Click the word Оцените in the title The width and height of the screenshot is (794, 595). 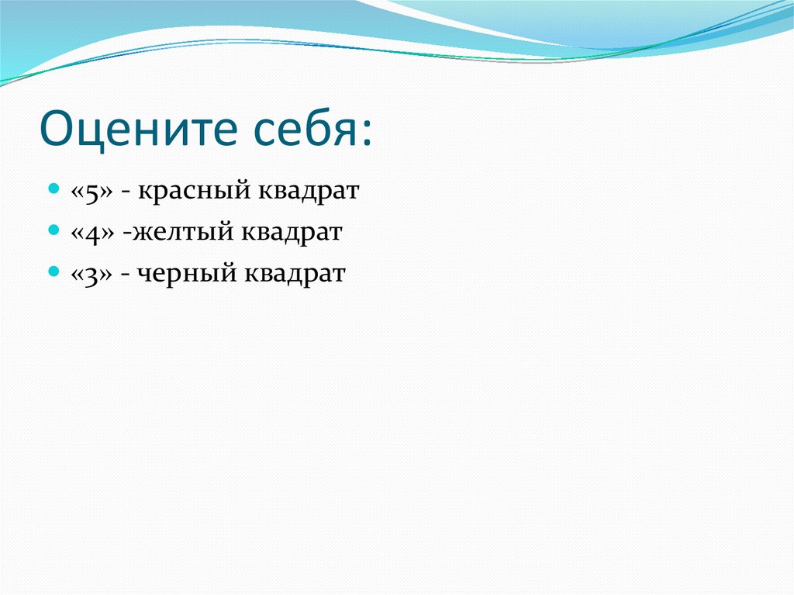(x=138, y=129)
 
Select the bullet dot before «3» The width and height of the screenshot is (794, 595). (x=54, y=272)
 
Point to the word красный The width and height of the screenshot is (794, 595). (x=194, y=192)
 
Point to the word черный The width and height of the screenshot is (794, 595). (x=186, y=274)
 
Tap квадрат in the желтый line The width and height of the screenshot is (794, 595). (x=292, y=234)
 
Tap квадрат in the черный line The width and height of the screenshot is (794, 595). (x=295, y=274)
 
